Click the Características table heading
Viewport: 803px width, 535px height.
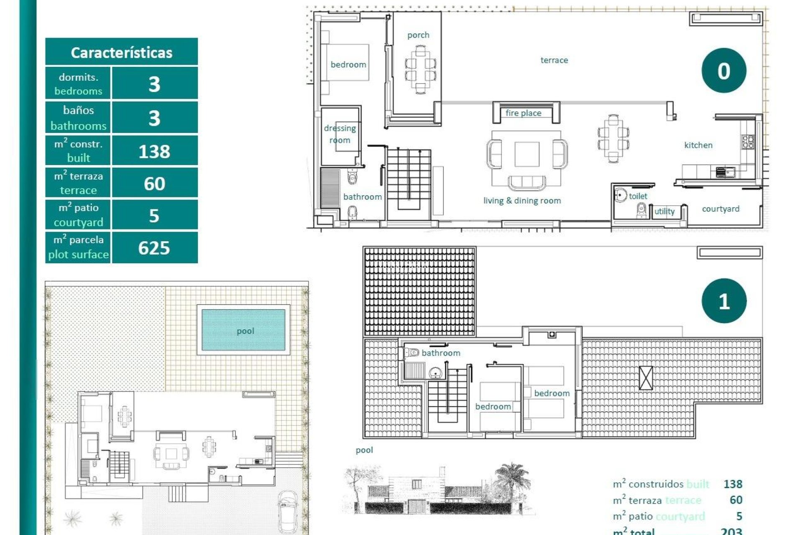[x=121, y=52]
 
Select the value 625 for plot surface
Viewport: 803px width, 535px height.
[x=154, y=248]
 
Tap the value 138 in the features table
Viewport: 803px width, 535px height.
[x=154, y=151]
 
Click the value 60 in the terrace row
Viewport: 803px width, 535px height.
[x=154, y=184]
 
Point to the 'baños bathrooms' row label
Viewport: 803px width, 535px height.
[x=78, y=118]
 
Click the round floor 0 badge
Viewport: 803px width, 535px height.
[x=724, y=71]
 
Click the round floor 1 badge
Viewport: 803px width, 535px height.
[x=724, y=301]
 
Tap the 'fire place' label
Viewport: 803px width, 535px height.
[x=523, y=113]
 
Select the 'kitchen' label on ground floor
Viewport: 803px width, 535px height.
[x=698, y=145]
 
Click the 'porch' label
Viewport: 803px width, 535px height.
[x=418, y=35]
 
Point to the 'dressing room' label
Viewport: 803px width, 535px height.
[x=340, y=134]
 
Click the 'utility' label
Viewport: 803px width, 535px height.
[x=664, y=211]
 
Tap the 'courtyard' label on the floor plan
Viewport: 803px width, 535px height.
[x=720, y=209]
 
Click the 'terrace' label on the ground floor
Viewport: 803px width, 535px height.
[x=554, y=60]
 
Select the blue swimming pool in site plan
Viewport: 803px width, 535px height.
[x=243, y=330]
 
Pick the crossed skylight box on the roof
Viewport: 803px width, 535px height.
[x=646, y=378]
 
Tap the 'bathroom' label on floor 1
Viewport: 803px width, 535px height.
[x=441, y=353]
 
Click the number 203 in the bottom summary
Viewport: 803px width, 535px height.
[x=731, y=531]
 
